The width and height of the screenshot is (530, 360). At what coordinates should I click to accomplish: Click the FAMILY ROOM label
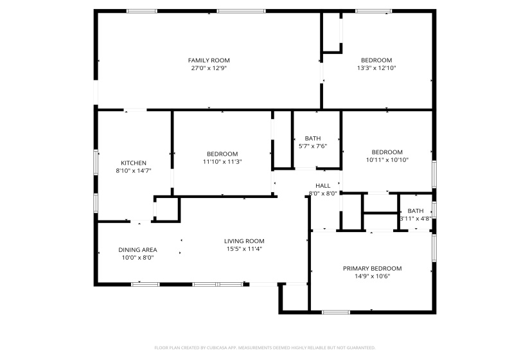click(209, 60)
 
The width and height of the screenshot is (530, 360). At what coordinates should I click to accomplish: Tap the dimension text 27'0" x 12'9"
click(209, 67)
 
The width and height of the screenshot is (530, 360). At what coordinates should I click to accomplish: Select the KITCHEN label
click(134, 163)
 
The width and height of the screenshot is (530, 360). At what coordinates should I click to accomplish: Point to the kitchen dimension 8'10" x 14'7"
click(134, 171)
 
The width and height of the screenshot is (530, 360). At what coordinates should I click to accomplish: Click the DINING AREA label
click(137, 249)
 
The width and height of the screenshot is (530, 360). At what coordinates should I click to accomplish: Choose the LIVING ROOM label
click(244, 241)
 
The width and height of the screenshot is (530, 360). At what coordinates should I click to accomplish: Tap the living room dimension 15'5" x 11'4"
click(244, 249)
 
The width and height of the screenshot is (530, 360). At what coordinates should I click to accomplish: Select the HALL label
click(322, 185)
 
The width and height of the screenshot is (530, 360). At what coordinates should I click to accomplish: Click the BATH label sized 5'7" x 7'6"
click(313, 138)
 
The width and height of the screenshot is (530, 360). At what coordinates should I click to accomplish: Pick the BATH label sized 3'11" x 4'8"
click(416, 210)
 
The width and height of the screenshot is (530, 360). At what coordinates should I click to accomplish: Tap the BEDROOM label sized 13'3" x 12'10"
click(376, 60)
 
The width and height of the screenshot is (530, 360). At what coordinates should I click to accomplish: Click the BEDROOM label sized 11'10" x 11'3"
click(222, 154)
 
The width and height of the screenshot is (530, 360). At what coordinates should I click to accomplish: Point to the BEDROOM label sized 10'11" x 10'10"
click(387, 152)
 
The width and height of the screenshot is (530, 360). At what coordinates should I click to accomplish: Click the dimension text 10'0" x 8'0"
click(137, 257)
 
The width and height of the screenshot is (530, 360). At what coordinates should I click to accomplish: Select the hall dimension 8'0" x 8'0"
click(322, 193)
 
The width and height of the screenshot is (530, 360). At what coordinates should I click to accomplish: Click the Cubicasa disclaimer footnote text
click(265, 348)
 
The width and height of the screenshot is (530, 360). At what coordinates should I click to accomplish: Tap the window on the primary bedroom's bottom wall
click(335, 312)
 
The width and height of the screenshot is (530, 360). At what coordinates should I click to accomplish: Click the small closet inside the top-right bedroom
click(331, 31)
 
